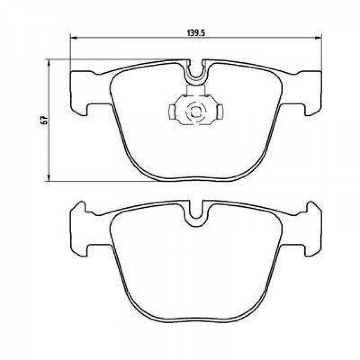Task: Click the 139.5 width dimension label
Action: (196, 33)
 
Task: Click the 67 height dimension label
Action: (44, 120)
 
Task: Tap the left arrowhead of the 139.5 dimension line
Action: (73, 38)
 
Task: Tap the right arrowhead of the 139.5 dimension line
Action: (318, 38)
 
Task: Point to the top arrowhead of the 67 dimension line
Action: (49, 62)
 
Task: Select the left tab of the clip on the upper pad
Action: (172, 112)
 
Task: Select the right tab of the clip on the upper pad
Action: (220, 112)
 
